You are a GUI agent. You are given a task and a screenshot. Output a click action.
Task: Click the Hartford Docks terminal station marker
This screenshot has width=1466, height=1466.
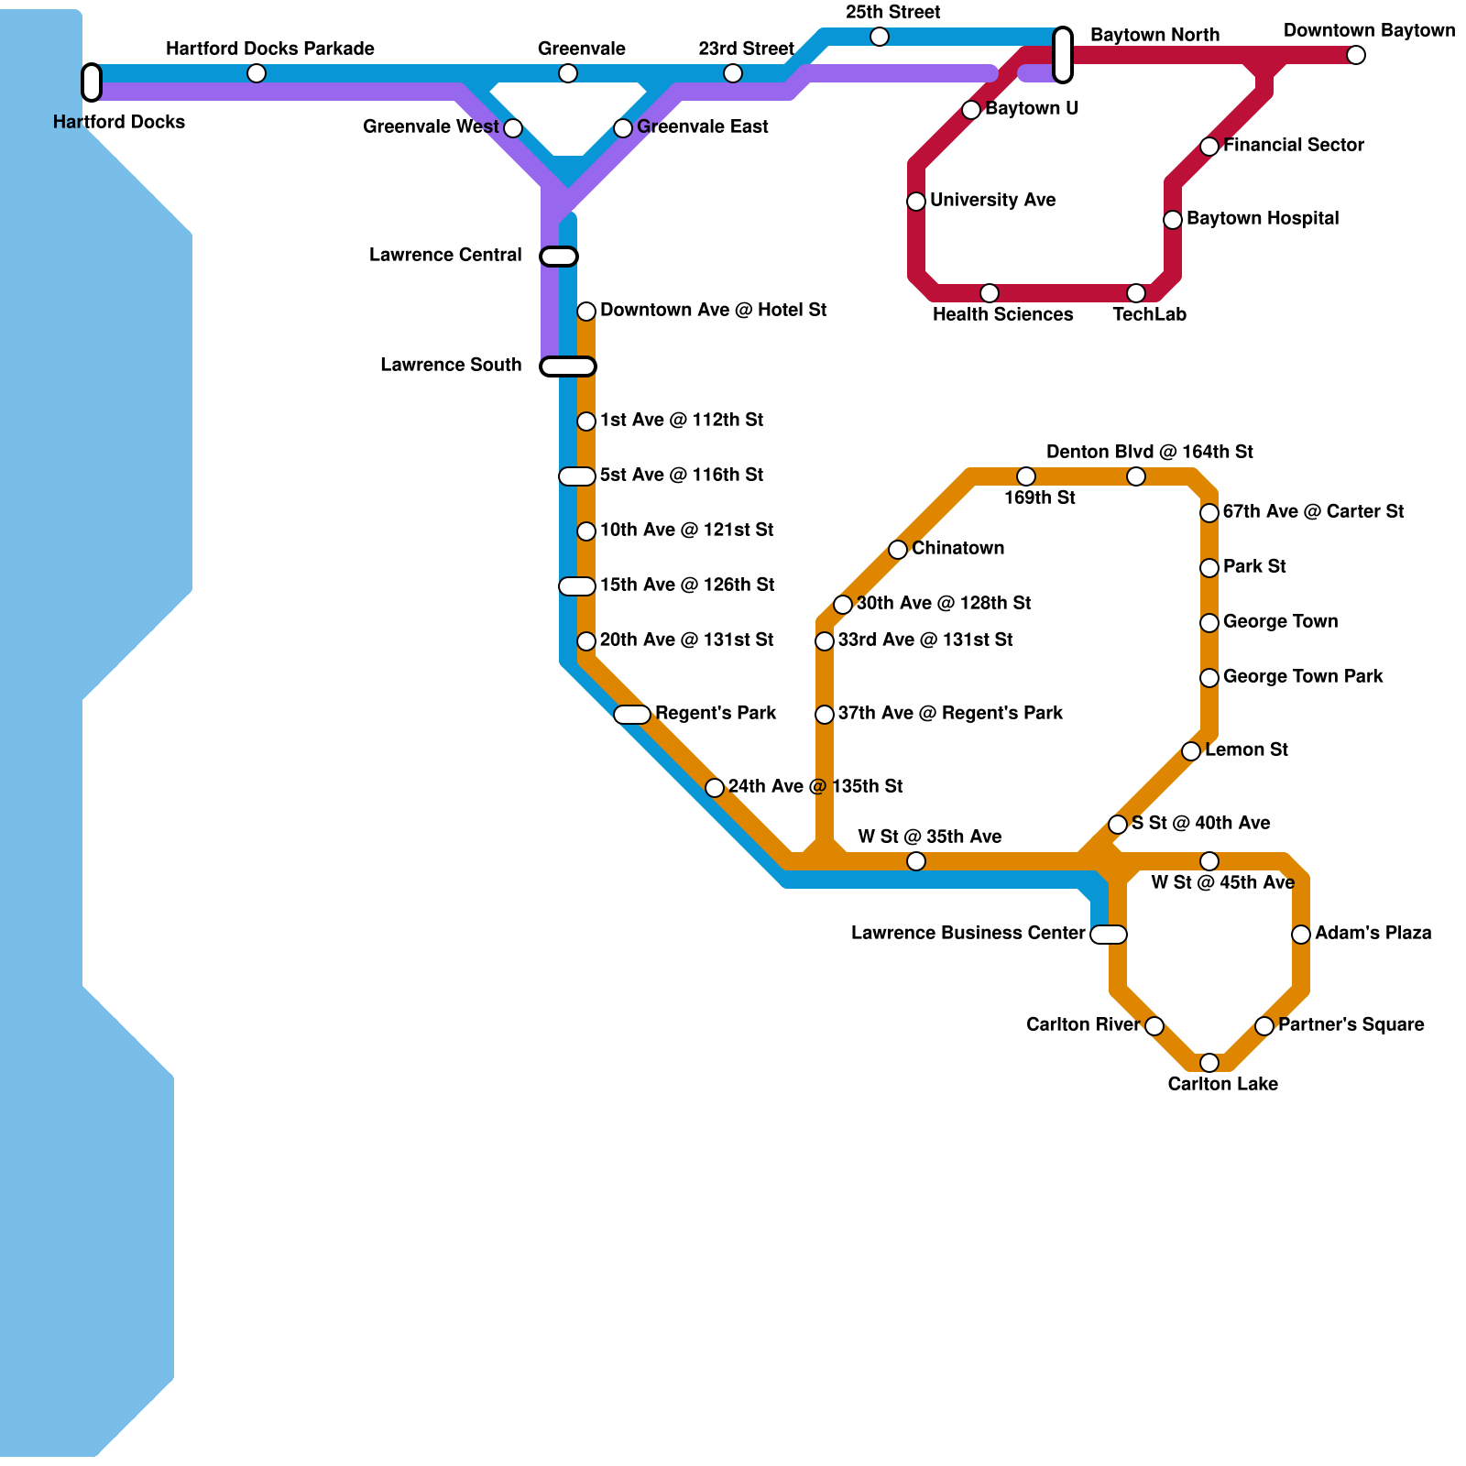click(92, 82)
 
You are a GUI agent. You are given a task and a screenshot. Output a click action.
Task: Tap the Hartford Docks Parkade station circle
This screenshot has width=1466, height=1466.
click(257, 73)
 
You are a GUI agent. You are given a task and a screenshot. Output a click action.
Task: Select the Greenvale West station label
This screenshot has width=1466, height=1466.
click(431, 126)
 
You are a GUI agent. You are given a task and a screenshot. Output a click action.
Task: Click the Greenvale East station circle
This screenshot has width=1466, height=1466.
click(623, 128)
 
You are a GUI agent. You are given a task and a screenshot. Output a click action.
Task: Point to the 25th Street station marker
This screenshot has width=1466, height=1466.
click(880, 37)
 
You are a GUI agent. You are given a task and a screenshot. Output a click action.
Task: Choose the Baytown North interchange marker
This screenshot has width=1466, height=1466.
click(1063, 55)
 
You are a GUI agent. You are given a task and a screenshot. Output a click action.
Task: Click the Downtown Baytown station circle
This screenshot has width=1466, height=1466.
click(1356, 55)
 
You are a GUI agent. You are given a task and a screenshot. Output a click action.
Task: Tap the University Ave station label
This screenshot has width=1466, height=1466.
click(992, 200)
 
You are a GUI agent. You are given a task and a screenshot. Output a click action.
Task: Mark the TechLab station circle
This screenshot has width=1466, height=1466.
click(1136, 293)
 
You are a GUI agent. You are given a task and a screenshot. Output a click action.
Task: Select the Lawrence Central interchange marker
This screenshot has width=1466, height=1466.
click(559, 257)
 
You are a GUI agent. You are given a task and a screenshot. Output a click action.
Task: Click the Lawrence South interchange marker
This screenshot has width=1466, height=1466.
click(568, 366)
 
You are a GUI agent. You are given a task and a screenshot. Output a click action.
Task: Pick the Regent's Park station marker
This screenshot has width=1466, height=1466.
click(632, 715)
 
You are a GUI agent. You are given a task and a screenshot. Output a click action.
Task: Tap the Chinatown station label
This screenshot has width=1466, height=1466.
click(957, 548)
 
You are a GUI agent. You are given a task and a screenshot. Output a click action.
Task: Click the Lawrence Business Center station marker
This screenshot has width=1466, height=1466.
click(1109, 935)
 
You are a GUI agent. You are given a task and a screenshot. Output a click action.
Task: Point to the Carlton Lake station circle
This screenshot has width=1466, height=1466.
click(1209, 1063)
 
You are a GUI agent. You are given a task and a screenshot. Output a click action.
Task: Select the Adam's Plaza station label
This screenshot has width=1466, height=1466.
click(1373, 933)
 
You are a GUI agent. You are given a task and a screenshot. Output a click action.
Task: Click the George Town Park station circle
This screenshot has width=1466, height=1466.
click(1209, 678)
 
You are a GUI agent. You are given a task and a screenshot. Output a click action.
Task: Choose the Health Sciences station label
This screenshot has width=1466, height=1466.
click(1002, 314)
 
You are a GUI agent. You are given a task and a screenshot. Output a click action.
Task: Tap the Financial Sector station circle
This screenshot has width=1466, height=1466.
click(1209, 147)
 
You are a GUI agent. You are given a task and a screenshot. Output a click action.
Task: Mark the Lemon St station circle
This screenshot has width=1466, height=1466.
click(1191, 751)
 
